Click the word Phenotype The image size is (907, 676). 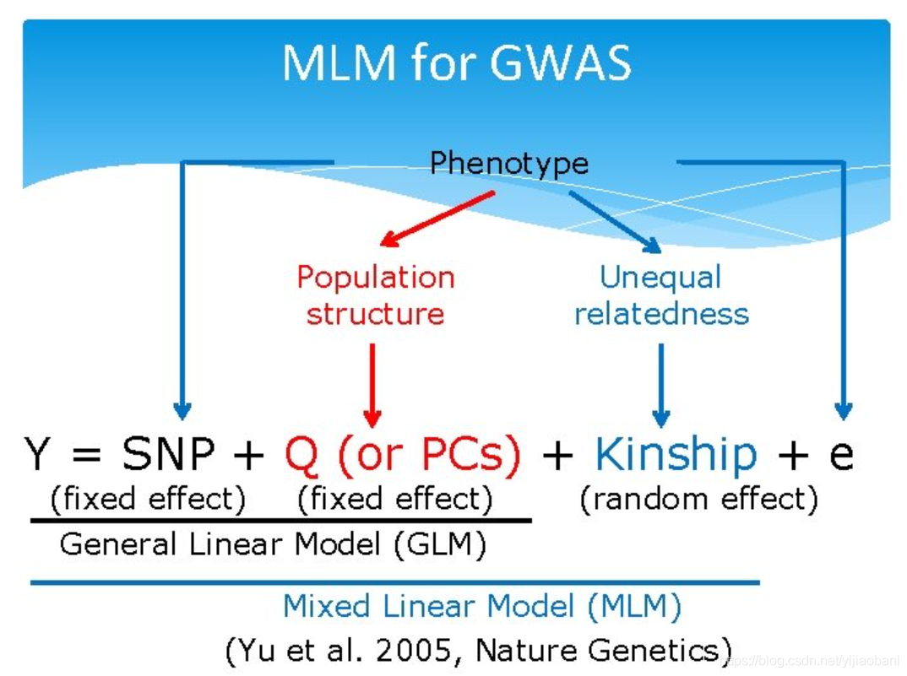[x=508, y=162]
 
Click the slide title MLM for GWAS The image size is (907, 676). [x=456, y=63]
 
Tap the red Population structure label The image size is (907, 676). [x=375, y=295]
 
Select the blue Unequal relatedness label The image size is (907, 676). [x=661, y=295]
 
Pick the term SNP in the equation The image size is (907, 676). [x=169, y=455]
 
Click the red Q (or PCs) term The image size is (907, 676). [x=403, y=455]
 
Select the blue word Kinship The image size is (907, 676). [x=676, y=455]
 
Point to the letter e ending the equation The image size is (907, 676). [x=840, y=455]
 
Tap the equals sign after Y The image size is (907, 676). [x=86, y=457]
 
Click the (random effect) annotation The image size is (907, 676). [x=698, y=499]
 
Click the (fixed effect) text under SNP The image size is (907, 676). [x=148, y=499]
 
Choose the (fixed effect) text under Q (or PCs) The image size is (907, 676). [x=394, y=499]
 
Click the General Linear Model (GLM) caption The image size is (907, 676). [x=273, y=544]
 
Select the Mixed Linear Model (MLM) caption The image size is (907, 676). [x=481, y=606]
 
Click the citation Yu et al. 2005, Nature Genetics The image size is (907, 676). [x=478, y=650]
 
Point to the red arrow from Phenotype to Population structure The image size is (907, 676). [x=437, y=219]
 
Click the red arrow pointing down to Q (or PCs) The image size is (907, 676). [x=372, y=384]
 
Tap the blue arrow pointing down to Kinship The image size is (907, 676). [x=661, y=384]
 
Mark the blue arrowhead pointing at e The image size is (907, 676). [x=842, y=411]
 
